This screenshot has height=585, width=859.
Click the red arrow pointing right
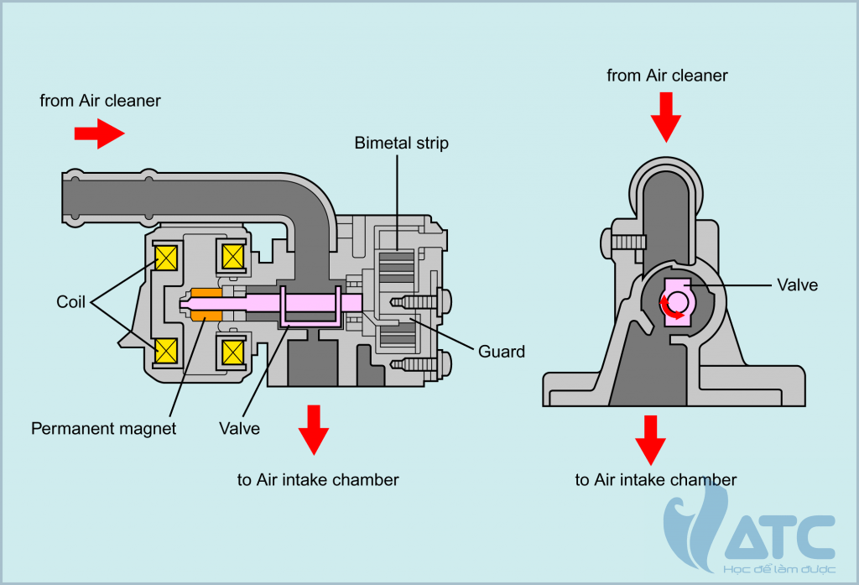pos(99,133)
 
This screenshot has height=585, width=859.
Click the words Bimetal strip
pos(402,144)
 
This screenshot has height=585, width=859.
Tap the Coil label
pos(71,302)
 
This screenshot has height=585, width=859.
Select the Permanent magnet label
pos(104,429)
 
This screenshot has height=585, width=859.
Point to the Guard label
pos(502,351)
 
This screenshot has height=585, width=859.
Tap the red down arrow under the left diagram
pos(314,430)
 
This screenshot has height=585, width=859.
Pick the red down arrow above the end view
pos(667,117)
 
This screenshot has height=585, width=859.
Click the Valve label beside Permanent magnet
pos(239,429)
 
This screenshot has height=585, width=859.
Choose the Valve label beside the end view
pos(797,285)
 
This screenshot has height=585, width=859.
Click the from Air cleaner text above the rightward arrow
pos(100,101)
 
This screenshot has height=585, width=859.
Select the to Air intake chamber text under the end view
pos(655,480)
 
